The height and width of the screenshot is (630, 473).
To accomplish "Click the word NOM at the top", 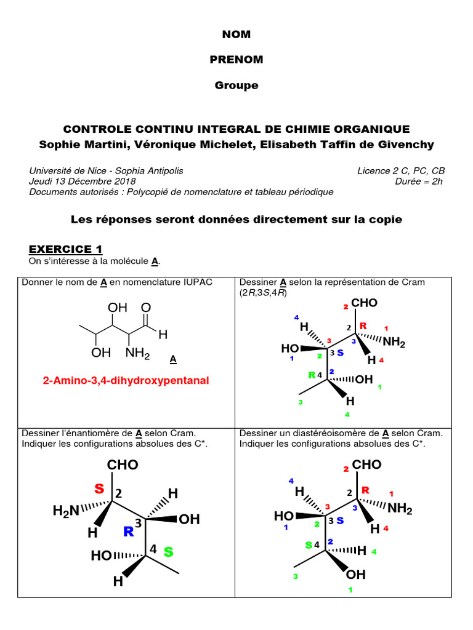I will (236, 34).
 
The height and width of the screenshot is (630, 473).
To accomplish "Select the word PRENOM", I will (236, 60).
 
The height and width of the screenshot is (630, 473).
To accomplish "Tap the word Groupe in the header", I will (236, 86).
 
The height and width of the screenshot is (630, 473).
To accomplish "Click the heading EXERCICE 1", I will (65, 249).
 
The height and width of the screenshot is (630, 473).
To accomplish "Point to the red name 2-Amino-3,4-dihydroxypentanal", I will (126, 381).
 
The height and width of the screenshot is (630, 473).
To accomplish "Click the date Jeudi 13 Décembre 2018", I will (83, 181).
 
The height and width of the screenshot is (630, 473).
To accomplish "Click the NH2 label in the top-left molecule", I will (138, 353).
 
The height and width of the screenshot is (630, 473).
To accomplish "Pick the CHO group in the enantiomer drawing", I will (123, 465).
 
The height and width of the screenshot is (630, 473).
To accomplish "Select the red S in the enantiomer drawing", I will (99, 489).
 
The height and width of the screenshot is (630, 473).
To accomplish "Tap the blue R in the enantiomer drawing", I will (128, 532).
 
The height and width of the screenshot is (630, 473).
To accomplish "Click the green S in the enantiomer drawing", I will (168, 552).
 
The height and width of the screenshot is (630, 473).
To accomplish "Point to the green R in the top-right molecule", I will (312, 375).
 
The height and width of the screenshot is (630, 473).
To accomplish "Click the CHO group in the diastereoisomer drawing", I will (367, 465).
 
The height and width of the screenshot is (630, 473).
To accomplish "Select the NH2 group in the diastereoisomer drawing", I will (400, 509).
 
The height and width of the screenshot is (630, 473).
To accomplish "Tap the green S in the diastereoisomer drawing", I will (309, 545).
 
